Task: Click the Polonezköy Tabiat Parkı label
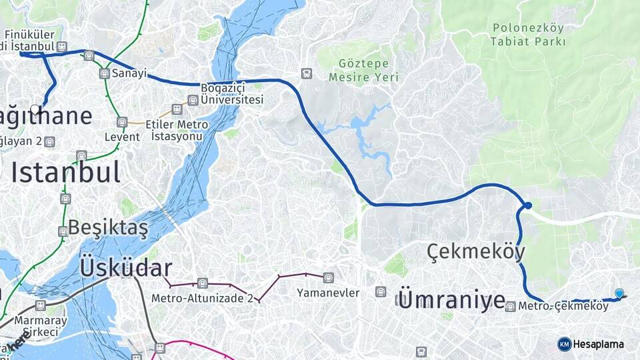coord(527,35)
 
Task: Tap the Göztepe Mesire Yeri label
coord(363,71)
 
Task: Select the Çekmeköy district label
coord(475,252)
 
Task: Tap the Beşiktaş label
coord(107,227)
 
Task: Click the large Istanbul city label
coord(65,172)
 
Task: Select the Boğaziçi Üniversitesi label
coord(232,94)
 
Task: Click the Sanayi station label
coord(129,73)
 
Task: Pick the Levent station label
coord(122,137)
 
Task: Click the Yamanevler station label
coord(328,293)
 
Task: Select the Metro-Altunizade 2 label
coord(202,298)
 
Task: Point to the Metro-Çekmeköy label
coord(563,307)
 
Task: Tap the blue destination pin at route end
coord(619,294)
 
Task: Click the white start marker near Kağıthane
coord(35,109)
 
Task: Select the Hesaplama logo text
coord(597,344)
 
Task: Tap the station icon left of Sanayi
coord(104,73)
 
